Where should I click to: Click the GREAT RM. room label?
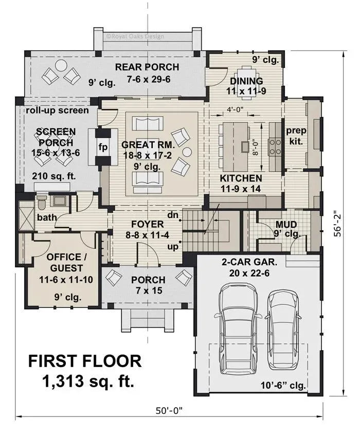point(148,145)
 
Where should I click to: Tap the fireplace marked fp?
point(102,146)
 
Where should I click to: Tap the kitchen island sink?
point(244,147)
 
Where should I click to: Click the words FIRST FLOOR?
point(84,360)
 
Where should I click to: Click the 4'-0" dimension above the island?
point(236,109)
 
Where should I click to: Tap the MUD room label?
point(285,224)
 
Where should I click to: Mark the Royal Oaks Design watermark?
point(134,36)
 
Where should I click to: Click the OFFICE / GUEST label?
point(64,262)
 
